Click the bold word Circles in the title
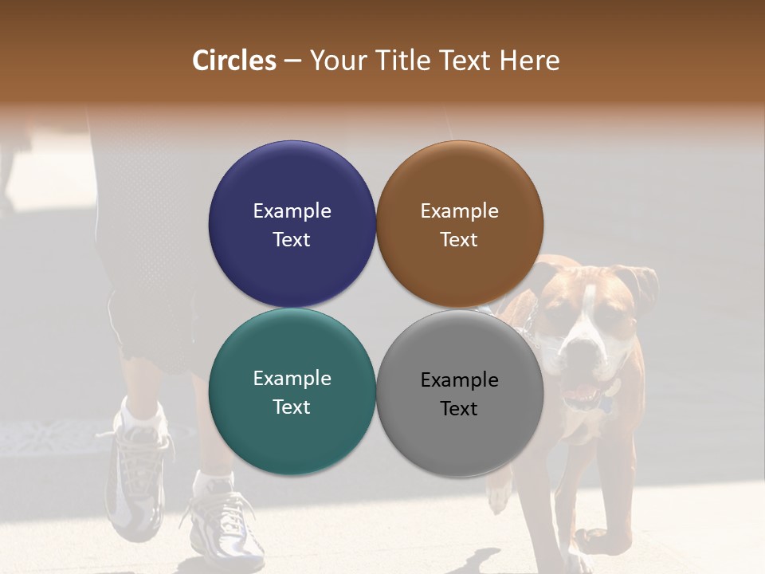(234, 61)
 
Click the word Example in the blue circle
(292, 210)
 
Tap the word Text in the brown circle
(459, 240)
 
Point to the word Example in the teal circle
(292, 378)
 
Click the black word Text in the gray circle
(459, 409)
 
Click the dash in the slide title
(292, 61)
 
